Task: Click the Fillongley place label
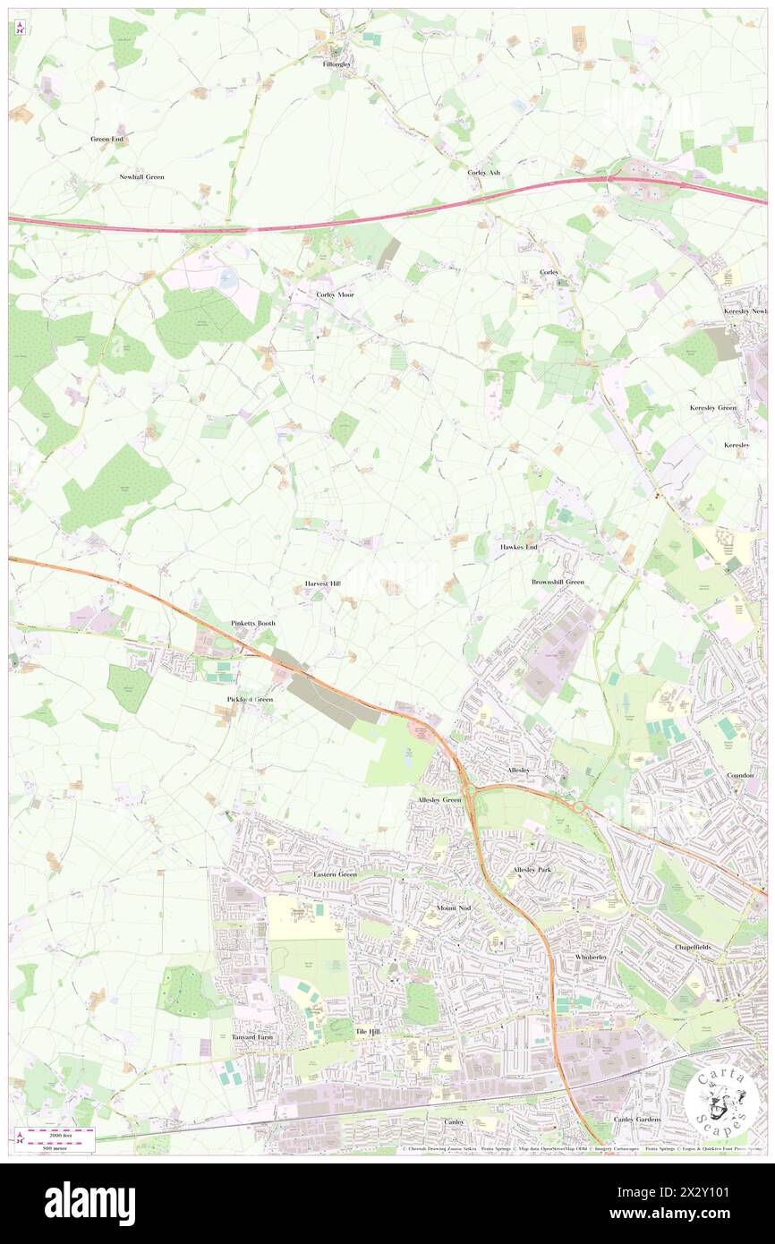338,65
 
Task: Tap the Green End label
106,140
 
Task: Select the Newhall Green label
141,177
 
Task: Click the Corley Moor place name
336,294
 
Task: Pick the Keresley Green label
712,407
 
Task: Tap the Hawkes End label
518,546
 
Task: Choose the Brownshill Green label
558,582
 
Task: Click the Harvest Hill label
322,584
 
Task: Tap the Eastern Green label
335,873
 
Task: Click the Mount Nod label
453,907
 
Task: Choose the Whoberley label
592,957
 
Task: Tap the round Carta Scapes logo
720,1102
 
